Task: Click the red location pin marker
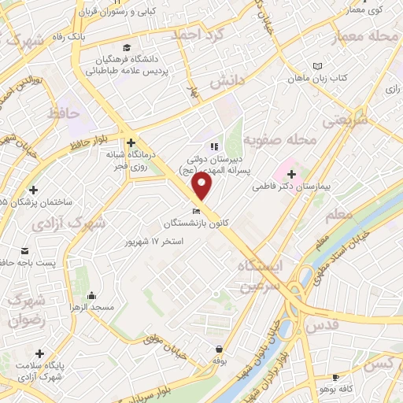202,187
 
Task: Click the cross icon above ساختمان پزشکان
34,190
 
